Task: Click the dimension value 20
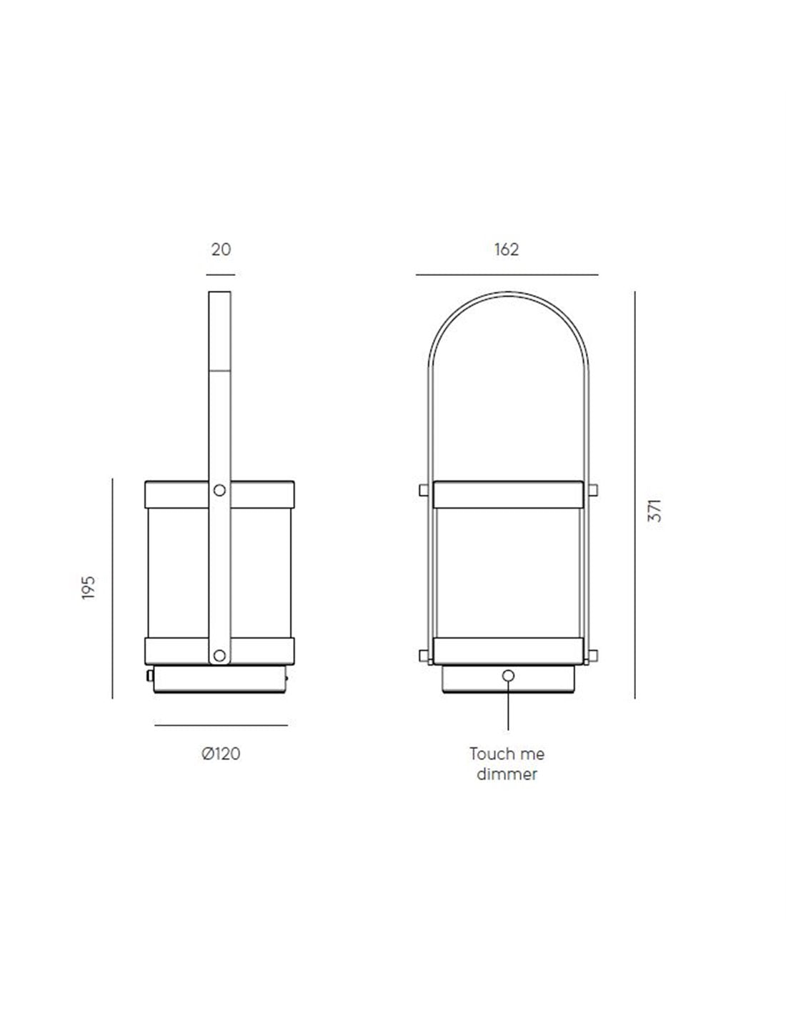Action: click(221, 249)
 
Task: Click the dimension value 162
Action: click(507, 249)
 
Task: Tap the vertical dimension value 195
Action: click(88, 588)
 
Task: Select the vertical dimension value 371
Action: click(655, 511)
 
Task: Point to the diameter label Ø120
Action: click(221, 754)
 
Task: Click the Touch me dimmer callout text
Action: click(507, 764)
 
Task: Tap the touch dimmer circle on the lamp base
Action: click(508, 676)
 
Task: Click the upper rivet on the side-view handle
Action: click(219, 490)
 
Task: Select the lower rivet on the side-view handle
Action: click(219, 655)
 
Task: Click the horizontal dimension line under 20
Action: click(220, 275)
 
